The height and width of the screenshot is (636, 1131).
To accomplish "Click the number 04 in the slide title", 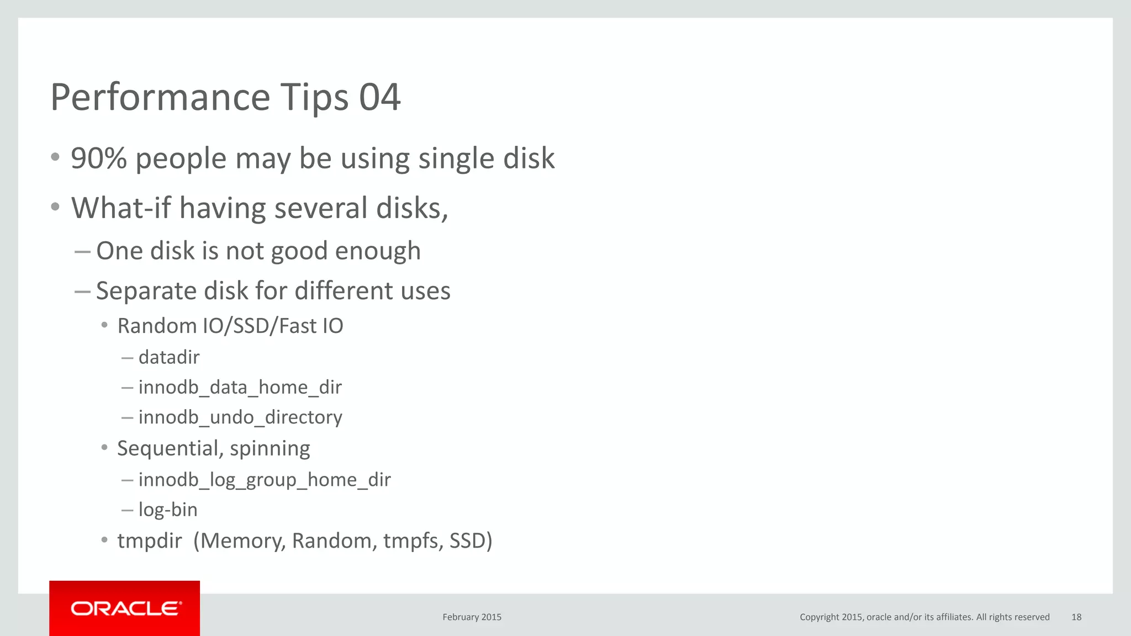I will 379,97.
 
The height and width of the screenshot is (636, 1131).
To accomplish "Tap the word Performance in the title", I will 160,97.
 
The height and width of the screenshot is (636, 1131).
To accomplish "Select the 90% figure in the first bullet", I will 99,158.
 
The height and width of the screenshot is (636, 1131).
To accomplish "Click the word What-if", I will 121,208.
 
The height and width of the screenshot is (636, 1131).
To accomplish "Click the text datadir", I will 169,358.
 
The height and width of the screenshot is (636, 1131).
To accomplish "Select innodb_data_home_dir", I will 240,388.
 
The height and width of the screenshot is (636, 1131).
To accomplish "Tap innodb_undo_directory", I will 240,417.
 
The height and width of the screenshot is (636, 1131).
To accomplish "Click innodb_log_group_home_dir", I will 265,480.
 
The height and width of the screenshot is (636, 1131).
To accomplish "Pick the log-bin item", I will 168,510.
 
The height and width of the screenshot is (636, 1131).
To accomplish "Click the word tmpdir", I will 149,541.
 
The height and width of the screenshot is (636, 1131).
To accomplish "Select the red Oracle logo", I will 125,608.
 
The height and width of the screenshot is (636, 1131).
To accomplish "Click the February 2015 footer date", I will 472,617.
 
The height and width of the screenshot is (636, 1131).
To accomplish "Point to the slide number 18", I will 1076,617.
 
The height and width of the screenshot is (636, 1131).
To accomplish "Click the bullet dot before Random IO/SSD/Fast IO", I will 104,326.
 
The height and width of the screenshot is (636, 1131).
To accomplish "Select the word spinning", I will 270,449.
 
